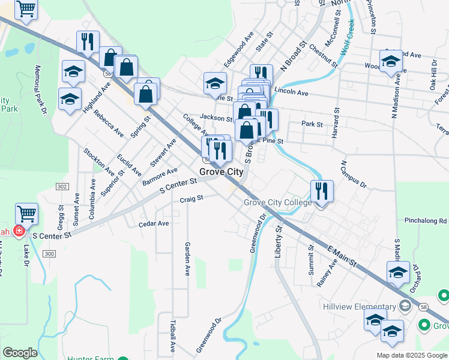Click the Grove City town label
(x=221, y=172)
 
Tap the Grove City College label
(x=277, y=203)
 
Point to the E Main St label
(x=342, y=256)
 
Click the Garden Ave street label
(x=187, y=259)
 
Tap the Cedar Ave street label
(x=153, y=224)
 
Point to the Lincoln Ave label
(x=291, y=93)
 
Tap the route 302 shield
(x=62, y=187)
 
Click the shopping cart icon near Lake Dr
(x=26, y=213)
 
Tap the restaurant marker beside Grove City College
(x=322, y=191)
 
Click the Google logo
(x=20, y=353)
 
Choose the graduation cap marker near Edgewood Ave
(x=215, y=83)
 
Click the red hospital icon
(x=19, y=232)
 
